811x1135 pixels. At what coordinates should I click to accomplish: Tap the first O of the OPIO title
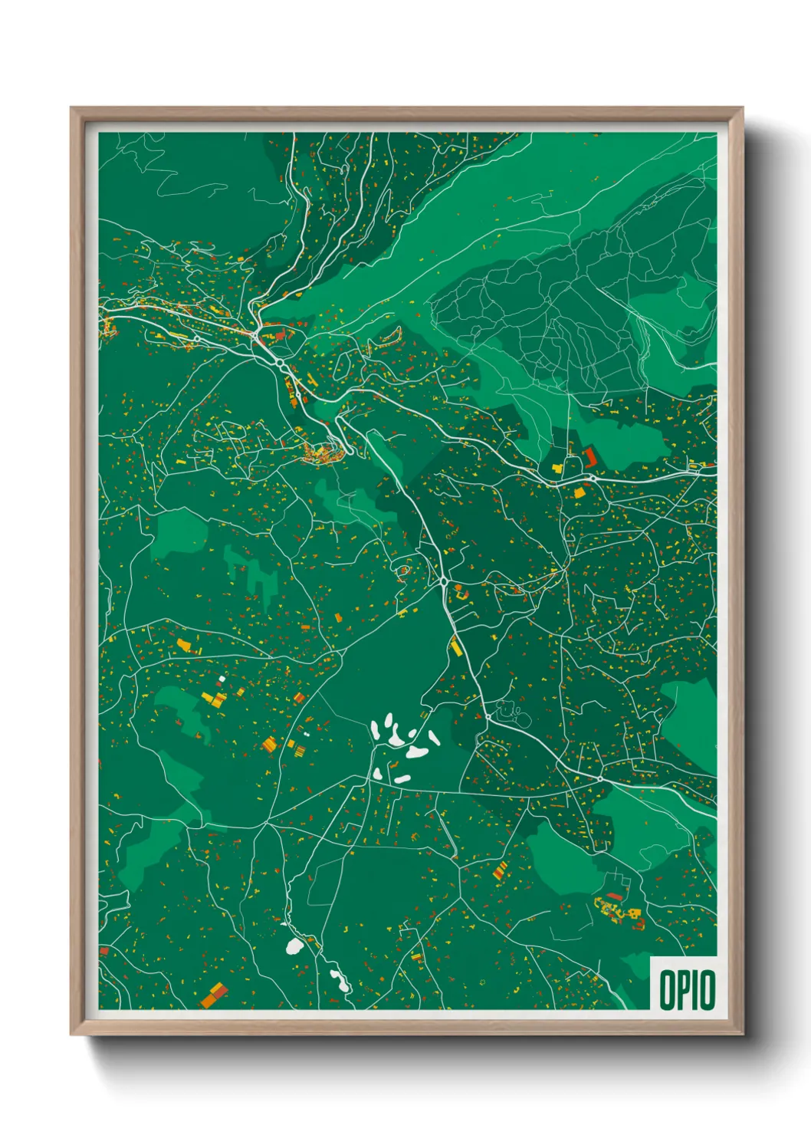click(667, 990)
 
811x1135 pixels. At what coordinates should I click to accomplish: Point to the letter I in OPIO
click(695, 990)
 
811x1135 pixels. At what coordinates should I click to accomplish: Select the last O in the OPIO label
click(708, 990)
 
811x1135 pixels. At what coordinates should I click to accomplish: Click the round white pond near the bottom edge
click(294, 946)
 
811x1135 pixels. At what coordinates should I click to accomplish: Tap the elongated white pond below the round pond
click(337, 977)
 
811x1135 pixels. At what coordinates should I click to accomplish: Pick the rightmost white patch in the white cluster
click(434, 738)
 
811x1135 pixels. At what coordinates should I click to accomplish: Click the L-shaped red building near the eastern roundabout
click(590, 458)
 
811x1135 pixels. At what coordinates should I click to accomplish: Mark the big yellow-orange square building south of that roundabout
click(580, 492)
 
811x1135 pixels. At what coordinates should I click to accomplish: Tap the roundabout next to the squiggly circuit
click(488, 717)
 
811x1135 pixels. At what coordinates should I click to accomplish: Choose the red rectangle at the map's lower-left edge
click(104, 951)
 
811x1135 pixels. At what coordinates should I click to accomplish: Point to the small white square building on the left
click(222, 679)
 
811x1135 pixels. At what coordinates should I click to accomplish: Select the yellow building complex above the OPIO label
click(618, 912)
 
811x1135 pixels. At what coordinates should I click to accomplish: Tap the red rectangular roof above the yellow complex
click(614, 896)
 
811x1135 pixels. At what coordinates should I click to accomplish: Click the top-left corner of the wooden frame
click(71, 109)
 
